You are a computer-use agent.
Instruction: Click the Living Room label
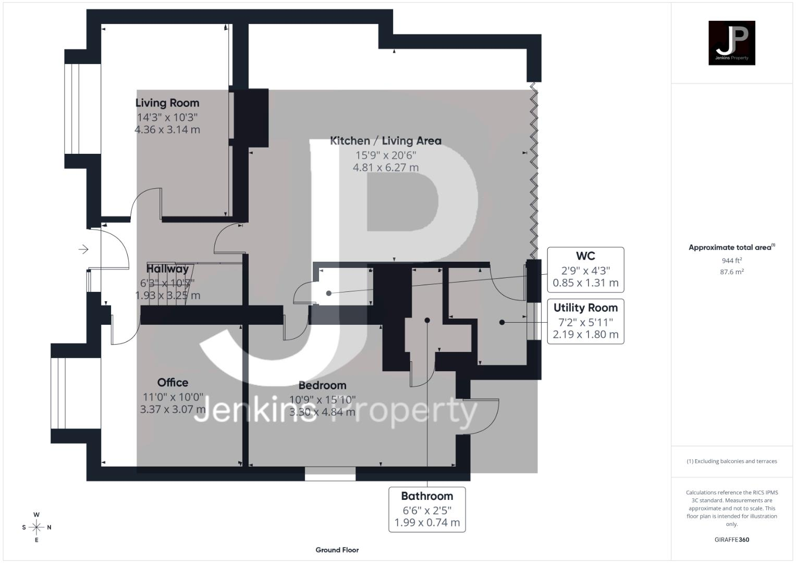point(167,103)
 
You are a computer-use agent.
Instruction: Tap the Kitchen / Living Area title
point(386,141)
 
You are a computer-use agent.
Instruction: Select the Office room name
point(173,383)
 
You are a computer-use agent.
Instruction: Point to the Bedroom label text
point(322,385)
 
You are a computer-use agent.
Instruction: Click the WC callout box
point(585,270)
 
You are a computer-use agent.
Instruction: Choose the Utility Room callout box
point(585,322)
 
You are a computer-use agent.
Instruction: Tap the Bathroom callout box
point(427,510)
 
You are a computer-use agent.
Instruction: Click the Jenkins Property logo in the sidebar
point(732,43)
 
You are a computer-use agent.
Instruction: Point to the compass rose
point(36,527)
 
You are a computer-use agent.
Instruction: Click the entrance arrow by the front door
point(83,250)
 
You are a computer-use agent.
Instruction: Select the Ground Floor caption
point(337,550)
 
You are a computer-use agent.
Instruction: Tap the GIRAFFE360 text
point(732,540)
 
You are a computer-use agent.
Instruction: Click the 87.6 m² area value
point(732,272)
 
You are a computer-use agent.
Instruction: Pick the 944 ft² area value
point(732,261)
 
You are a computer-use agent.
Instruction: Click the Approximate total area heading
point(732,248)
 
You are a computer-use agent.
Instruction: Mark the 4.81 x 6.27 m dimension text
point(386,167)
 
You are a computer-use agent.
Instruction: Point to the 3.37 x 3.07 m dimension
point(173,409)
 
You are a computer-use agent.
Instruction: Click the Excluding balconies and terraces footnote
point(732,461)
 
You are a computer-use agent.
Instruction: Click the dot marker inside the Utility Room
point(502,322)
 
